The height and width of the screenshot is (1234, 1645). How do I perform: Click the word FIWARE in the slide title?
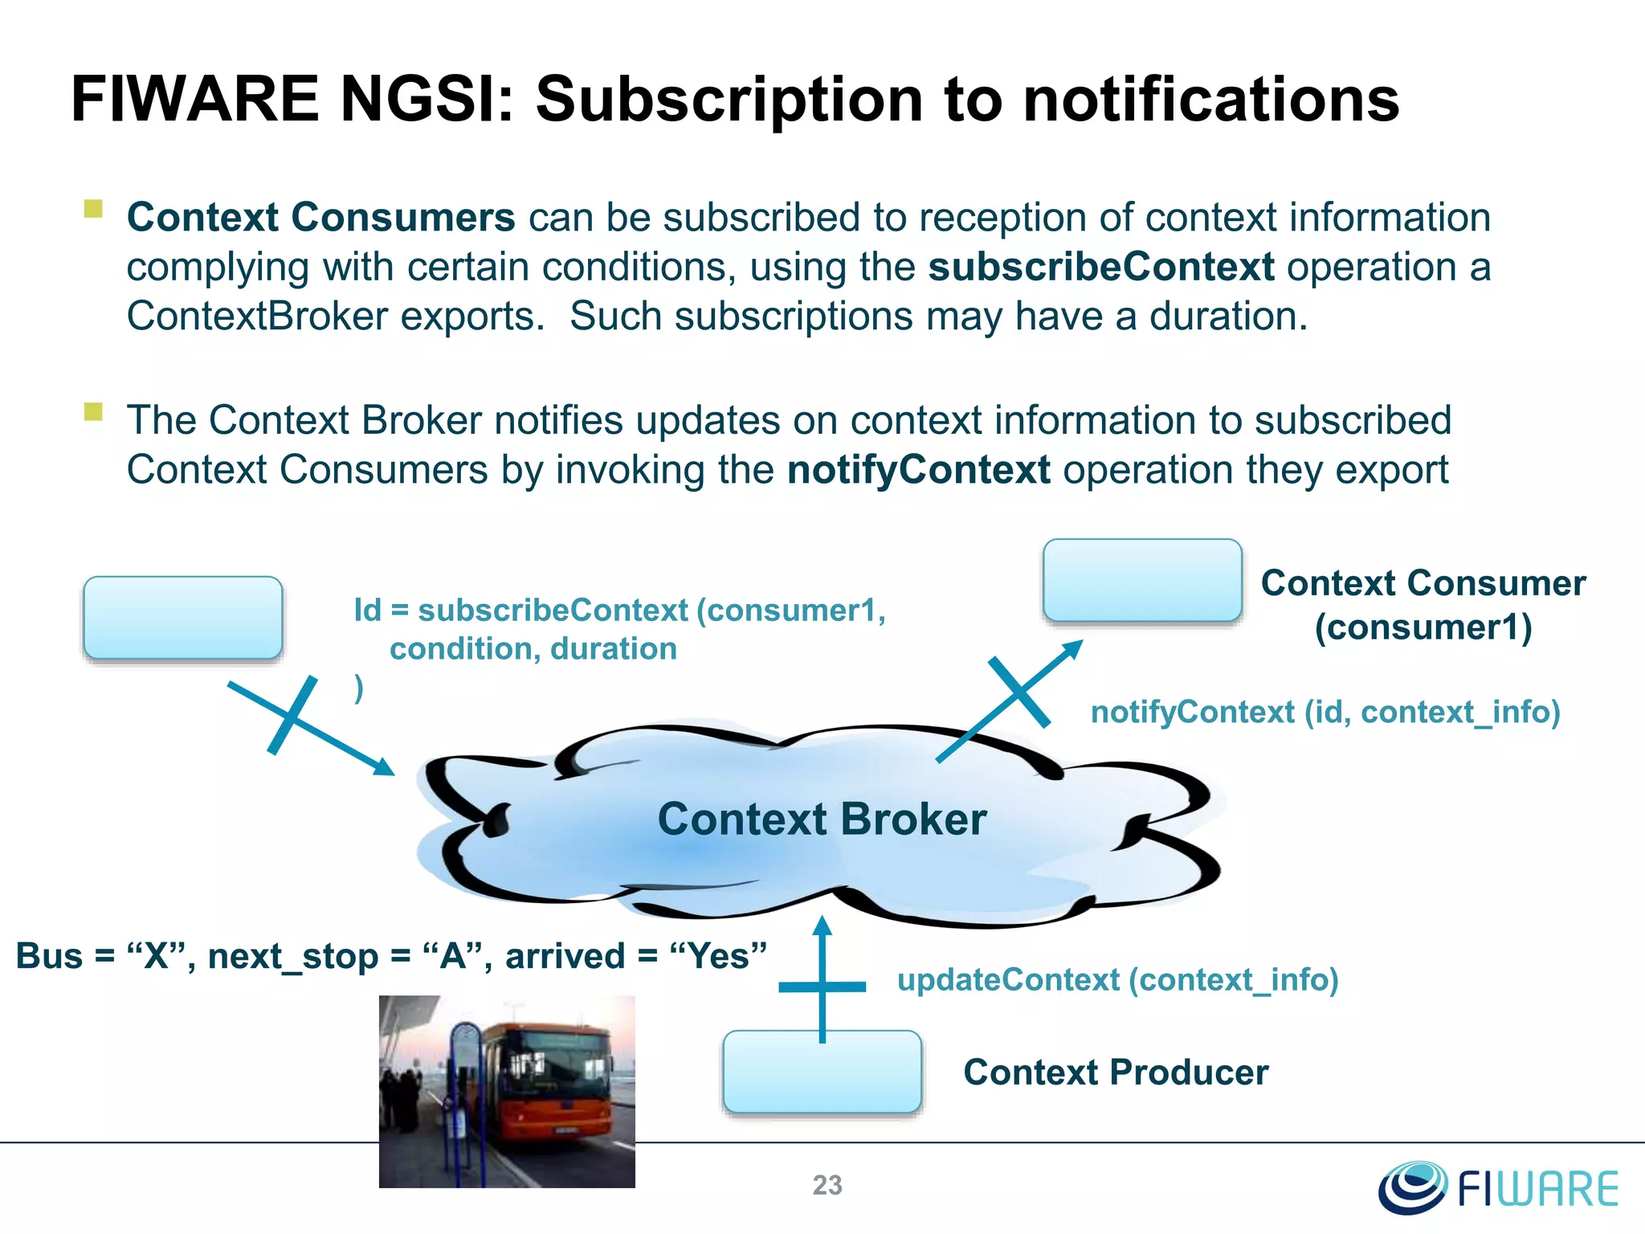tap(194, 100)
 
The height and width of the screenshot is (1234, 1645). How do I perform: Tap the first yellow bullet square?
tap(93, 210)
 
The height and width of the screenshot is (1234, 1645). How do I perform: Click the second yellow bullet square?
tap(93, 412)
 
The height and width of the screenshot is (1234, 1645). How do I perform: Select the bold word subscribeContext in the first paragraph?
tap(1100, 268)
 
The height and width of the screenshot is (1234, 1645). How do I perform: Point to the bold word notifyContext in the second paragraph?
tap(918, 470)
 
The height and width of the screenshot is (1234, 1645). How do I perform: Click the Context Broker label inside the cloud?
tap(821, 819)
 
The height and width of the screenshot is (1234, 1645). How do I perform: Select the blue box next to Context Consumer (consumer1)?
tap(1141, 580)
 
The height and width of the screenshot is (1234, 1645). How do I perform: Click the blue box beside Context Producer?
tap(822, 1073)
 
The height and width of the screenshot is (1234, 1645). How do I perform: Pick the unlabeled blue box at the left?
tap(183, 617)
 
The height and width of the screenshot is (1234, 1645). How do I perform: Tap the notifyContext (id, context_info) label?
tap(1325, 712)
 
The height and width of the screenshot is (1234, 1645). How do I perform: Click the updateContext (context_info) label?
tap(1117, 980)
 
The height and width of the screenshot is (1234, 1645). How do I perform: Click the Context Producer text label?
tap(1115, 1073)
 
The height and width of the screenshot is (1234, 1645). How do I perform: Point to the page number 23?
tap(827, 1185)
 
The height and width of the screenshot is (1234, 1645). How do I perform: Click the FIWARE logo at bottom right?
tap(1499, 1187)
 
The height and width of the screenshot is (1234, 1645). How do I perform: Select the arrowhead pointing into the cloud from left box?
tap(385, 767)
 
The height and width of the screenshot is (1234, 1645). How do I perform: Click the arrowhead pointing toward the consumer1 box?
tap(1073, 648)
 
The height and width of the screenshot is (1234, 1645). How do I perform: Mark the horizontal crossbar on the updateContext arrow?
tap(822, 986)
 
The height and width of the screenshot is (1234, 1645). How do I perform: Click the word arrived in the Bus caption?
tap(565, 956)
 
